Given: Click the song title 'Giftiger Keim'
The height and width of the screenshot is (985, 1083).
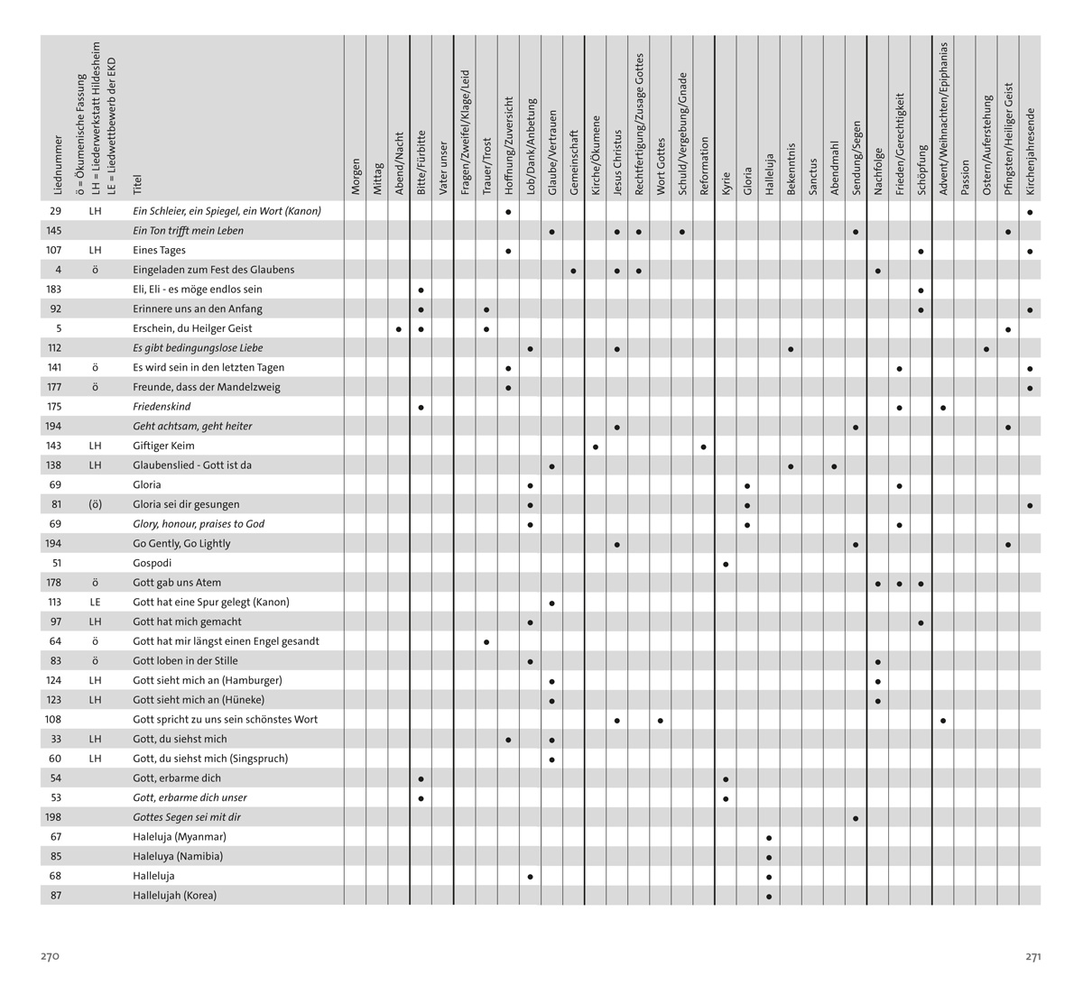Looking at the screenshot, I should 163,446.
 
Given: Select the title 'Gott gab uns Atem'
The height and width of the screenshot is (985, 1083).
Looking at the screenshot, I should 177,583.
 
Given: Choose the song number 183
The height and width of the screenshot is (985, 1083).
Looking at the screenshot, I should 54,290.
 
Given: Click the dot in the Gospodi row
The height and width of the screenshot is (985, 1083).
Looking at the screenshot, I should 727,564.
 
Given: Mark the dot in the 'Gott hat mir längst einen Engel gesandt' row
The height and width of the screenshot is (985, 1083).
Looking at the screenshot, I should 486,642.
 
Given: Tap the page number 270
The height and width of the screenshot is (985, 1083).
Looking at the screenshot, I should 50,956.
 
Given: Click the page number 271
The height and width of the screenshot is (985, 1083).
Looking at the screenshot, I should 1033,956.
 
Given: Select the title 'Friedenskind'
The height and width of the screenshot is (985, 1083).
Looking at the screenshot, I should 162,407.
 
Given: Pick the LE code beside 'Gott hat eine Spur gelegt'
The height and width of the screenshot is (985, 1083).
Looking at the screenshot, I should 96,603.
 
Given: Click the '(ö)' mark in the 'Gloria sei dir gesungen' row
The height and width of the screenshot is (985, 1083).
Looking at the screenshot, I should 96,504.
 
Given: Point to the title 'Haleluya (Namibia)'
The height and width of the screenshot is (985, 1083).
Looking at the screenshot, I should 178,857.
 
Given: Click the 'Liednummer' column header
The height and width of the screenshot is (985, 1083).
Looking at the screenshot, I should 58,166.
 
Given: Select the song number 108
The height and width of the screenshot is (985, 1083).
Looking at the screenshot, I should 54,720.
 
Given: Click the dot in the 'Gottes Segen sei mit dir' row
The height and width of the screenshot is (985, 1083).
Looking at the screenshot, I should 856,818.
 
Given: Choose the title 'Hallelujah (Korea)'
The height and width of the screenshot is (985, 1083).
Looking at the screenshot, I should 175,896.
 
